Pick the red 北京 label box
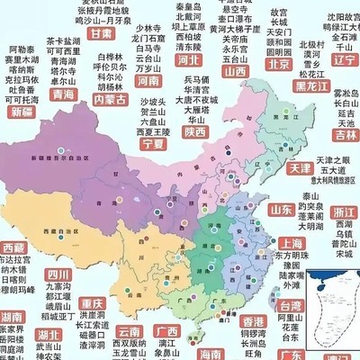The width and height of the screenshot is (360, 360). (280, 65)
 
